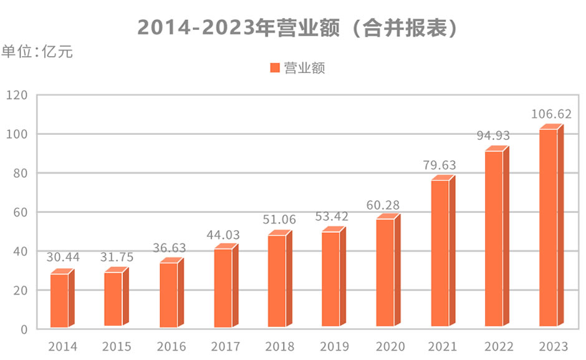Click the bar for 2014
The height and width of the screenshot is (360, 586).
(x=60, y=300)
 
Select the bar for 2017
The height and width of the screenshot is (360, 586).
(x=223, y=288)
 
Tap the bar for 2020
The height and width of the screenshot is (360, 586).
(x=385, y=273)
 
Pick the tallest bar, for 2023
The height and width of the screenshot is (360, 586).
(x=548, y=228)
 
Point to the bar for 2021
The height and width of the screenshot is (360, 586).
(x=439, y=253)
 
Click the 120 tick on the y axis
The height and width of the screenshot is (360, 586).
(x=17, y=95)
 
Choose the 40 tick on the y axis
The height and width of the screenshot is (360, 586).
(x=21, y=251)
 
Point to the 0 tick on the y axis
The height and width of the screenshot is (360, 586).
(x=24, y=329)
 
